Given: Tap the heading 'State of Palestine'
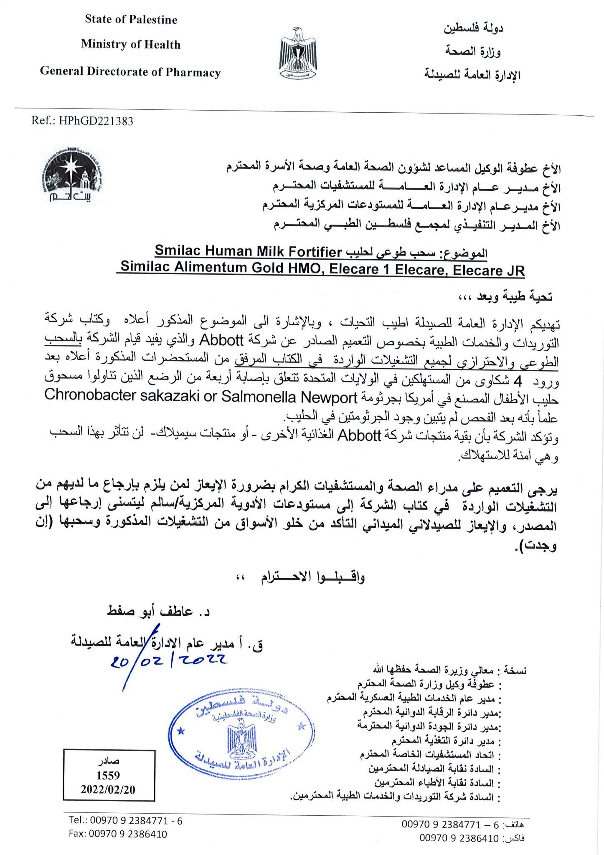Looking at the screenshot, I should coord(131,20).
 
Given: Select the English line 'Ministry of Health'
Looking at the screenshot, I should coord(131,44).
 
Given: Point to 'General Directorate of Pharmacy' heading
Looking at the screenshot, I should coord(130,72).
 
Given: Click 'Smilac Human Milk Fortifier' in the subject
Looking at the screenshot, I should coord(249,251).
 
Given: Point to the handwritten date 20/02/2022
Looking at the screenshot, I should coord(168,660).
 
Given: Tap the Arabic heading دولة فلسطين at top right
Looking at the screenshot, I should coord(473,28).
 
